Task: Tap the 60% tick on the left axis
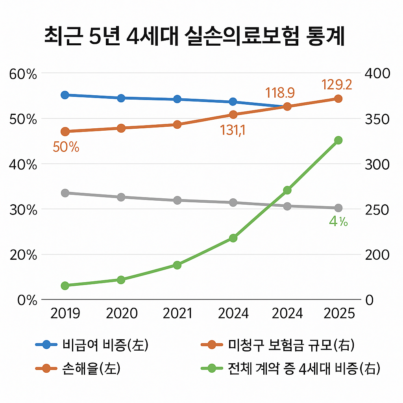pyautogui.click(x=22, y=74)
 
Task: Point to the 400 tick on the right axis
pyautogui.click(x=377, y=74)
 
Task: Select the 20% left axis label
pyautogui.click(x=22, y=255)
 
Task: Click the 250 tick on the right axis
pyautogui.click(x=377, y=210)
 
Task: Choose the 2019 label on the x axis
pyautogui.click(x=65, y=313)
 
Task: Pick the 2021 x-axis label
pyautogui.click(x=177, y=313)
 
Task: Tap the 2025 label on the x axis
pyautogui.click(x=338, y=313)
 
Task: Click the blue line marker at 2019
pyautogui.click(x=65, y=95)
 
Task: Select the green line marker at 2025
pyautogui.click(x=338, y=140)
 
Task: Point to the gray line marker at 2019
pyautogui.click(x=65, y=193)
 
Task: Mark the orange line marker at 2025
pyautogui.click(x=338, y=98)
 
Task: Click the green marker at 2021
pyautogui.click(x=177, y=265)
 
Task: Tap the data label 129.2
pyautogui.click(x=336, y=85)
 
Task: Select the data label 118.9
pyautogui.click(x=280, y=93)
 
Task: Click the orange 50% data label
pyautogui.click(x=66, y=148)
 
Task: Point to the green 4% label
pyautogui.click(x=338, y=222)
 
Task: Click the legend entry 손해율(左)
pyautogui.click(x=91, y=368)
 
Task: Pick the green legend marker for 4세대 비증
pyautogui.click(x=212, y=368)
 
